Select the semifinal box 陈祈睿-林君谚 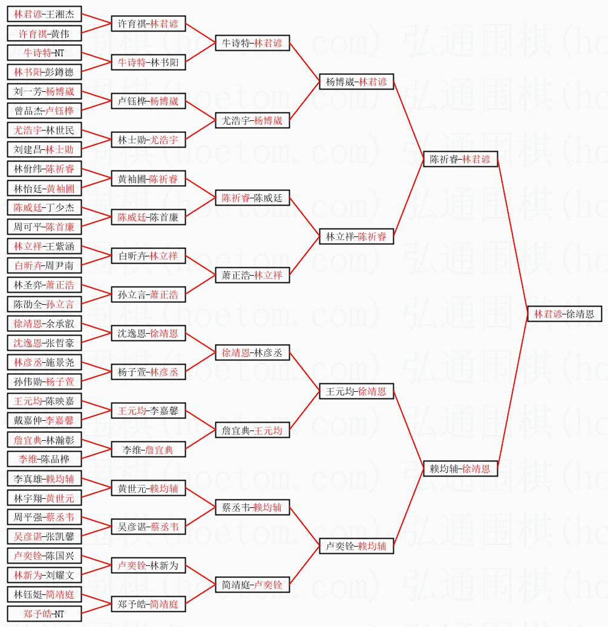point(460,159)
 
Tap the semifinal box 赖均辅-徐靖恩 point(460,468)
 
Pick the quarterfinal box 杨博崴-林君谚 point(356,82)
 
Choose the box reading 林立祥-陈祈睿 point(356,236)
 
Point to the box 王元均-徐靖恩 point(356,392)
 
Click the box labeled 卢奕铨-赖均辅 point(356,546)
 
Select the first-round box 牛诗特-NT point(44,53)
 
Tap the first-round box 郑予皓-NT point(44,614)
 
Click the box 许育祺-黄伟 point(44,34)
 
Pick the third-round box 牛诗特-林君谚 point(253,43)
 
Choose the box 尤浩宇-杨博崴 point(253,120)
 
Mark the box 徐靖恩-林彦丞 point(253,352)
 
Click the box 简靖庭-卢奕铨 point(253,585)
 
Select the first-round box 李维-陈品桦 point(44,459)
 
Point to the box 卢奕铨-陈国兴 point(44,556)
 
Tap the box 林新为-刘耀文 point(44,575)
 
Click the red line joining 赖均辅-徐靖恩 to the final point(513,393)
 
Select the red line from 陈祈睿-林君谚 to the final point(513,236)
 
